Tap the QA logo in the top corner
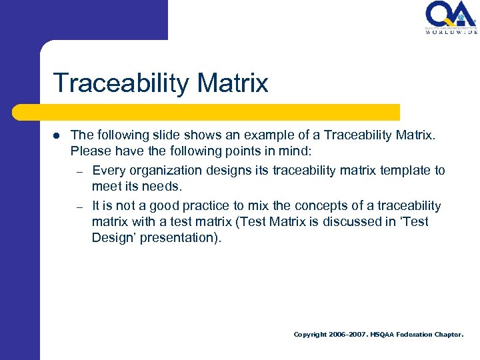click(451, 15)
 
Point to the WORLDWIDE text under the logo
click(451, 32)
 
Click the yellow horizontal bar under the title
click(220, 112)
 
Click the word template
click(407, 171)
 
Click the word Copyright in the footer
click(310, 335)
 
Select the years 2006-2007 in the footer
click(347, 335)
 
